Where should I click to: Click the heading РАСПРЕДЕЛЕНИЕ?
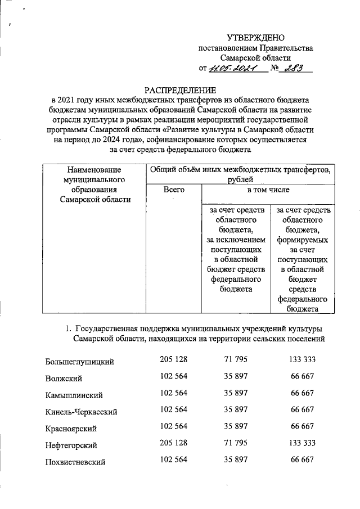click(x=180, y=89)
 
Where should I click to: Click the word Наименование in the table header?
click(x=94, y=169)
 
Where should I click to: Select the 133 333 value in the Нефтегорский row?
click(x=302, y=443)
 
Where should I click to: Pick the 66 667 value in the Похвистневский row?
click(x=302, y=460)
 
